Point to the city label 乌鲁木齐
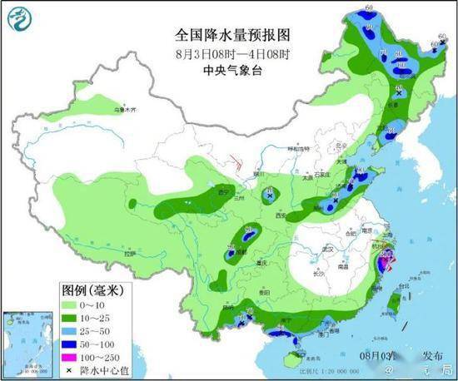pyautogui.click(x=122, y=109)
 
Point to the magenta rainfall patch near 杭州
pyautogui.click(x=386, y=265)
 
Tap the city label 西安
pyautogui.click(x=275, y=215)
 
